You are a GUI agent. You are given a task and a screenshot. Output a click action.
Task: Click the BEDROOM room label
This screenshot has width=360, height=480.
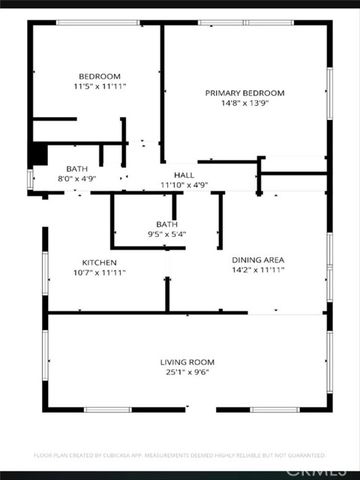pyautogui.click(x=99, y=77)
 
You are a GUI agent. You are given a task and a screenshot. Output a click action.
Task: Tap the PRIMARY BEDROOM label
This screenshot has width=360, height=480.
pyautogui.click(x=245, y=93)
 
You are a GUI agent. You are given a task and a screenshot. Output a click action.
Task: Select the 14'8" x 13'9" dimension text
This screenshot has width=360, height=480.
pyautogui.click(x=245, y=104)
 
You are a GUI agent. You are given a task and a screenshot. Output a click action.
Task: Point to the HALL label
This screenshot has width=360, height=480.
pyautogui.click(x=184, y=174)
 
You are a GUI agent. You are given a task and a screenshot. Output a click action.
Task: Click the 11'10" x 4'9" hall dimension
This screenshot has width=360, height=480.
pyautogui.click(x=184, y=184)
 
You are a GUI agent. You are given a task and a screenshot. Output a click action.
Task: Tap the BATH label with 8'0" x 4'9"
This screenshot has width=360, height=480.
pyautogui.click(x=77, y=168)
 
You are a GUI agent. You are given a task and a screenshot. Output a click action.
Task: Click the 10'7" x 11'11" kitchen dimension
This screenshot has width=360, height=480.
pyautogui.click(x=99, y=271)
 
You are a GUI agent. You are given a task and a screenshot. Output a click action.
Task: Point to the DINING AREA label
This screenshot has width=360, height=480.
pyautogui.click(x=258, y=259)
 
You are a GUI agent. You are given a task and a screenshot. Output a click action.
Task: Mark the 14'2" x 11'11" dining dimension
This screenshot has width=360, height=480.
pyautogui.click(x=258, y=270)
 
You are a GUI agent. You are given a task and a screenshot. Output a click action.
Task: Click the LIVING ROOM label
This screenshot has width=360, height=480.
pyautogui.click(x=188, y=361)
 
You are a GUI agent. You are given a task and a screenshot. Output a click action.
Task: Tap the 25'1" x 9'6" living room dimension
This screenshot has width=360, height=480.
pyautogui.click(x=188, y=372)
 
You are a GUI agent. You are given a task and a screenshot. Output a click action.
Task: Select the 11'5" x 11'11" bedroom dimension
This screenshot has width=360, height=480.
pyautogui.click(x=99, y=88)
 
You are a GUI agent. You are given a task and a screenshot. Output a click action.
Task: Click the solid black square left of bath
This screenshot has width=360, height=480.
pyautogui.click(x=38, y=155)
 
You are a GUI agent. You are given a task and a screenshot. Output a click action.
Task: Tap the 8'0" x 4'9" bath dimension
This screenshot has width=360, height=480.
pyautogui.click(x=77, y=179)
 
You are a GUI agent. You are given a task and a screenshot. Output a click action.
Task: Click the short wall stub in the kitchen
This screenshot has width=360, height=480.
pyautogui.click(x=167, y=294)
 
